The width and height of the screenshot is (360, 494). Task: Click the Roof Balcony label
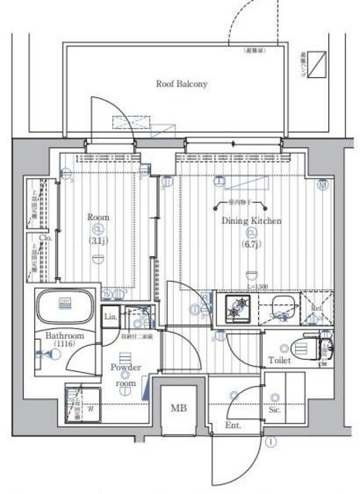182,83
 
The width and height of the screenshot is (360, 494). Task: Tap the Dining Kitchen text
253,221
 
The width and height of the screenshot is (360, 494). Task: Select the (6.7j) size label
252,245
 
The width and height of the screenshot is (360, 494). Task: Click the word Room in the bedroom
98,218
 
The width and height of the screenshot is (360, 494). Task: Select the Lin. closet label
110,316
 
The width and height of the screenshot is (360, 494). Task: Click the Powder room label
125,374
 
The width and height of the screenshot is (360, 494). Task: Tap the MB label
178,407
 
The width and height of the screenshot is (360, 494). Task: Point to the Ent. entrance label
233,425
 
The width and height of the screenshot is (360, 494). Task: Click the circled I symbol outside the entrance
272,442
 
